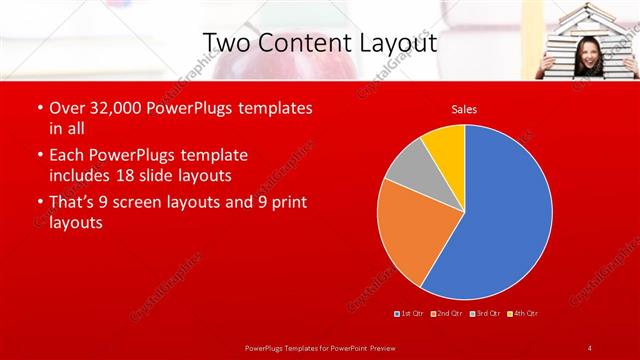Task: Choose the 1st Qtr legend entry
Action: pos(411,314)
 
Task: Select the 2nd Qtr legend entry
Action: pos(447,314)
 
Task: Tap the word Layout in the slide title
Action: pos(397,42)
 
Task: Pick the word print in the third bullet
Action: pos(283,202)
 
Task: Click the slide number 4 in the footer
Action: pos(590,347)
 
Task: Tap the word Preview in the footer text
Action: pos(376,347)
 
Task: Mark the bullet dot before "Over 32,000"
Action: pos(38,107)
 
